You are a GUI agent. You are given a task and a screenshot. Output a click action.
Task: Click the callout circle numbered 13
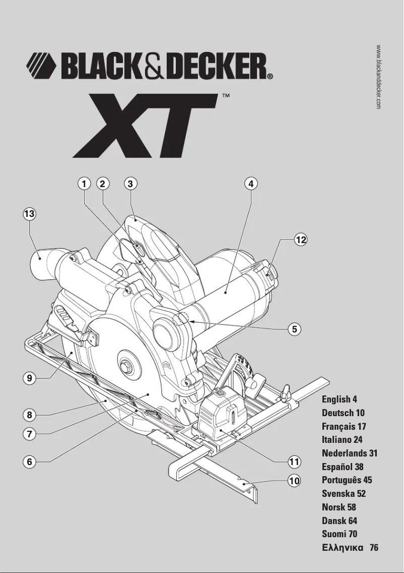[29, 214]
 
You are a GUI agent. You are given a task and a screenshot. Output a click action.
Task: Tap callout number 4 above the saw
[250, 184]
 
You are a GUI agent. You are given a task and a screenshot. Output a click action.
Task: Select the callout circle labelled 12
[301, 240]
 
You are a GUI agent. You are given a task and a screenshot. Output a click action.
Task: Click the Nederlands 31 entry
[350, 453]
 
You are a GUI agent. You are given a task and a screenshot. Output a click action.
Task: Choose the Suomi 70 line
[340, 534]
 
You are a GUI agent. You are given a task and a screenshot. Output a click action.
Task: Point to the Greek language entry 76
[350, 548]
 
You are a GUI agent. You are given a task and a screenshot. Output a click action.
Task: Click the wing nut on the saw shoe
[288, 391]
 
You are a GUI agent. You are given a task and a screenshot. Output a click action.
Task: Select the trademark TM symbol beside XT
[226, 95]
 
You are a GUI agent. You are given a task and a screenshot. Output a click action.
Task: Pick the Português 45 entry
[347, 480]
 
